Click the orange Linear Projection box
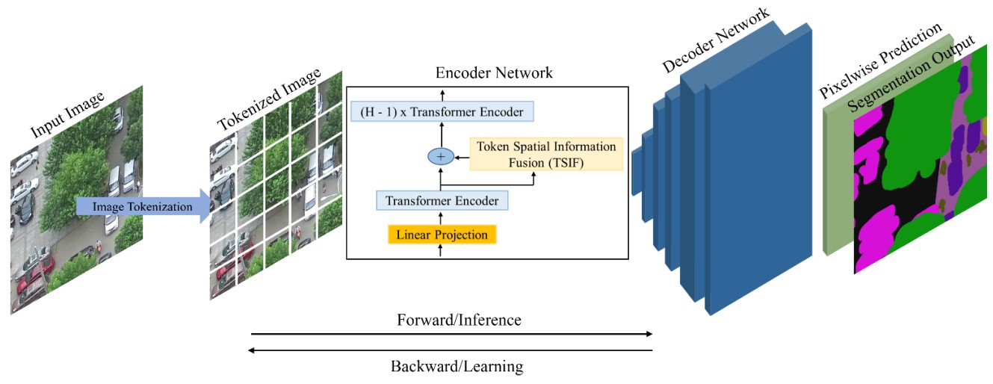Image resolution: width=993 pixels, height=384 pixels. (442, 235)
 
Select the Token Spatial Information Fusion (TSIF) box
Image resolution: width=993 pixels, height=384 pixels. (545, 154)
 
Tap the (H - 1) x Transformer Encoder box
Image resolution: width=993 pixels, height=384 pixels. (442, 112)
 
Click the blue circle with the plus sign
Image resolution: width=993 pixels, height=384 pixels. (440, 155)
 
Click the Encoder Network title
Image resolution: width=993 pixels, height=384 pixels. (494, 72)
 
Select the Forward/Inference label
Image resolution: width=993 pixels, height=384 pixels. (459, 320)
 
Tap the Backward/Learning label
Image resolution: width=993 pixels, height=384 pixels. (457, 366)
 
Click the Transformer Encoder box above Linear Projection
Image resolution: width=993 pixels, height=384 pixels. (442, 200)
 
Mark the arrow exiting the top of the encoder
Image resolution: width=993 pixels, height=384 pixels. (442, 94)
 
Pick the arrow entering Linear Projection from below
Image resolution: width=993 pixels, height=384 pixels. (441, 251)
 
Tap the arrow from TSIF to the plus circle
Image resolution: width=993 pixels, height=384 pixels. (461, 155)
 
